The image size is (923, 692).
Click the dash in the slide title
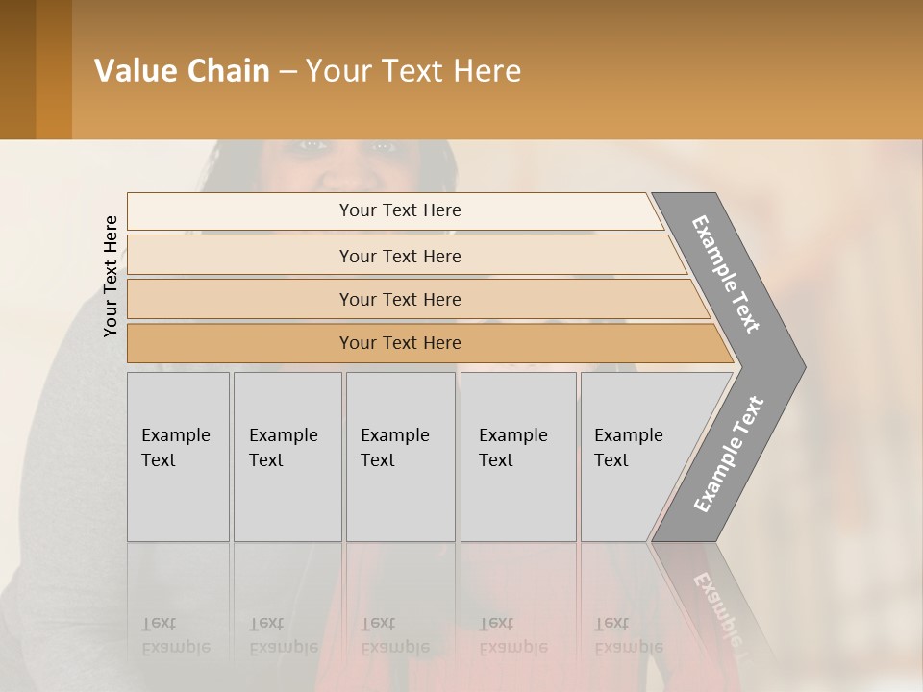(287, 71)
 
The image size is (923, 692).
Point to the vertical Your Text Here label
(111, 276)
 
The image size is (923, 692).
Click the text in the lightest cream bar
(400, 210)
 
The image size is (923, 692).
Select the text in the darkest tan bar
(400, 343)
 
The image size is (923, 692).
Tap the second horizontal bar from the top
(400, 256)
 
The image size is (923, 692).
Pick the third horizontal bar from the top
(400, 299)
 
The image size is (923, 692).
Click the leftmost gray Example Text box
(178, 456)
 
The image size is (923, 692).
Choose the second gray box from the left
(287, 456)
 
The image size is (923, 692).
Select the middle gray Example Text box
(400, 456)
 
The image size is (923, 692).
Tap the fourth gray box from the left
(517, 456)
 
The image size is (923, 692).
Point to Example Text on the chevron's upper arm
(726, 274)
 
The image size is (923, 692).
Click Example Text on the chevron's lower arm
(729, 455)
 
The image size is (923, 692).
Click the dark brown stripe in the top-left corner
(17, 69)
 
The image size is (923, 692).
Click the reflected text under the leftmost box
(175, 635)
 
